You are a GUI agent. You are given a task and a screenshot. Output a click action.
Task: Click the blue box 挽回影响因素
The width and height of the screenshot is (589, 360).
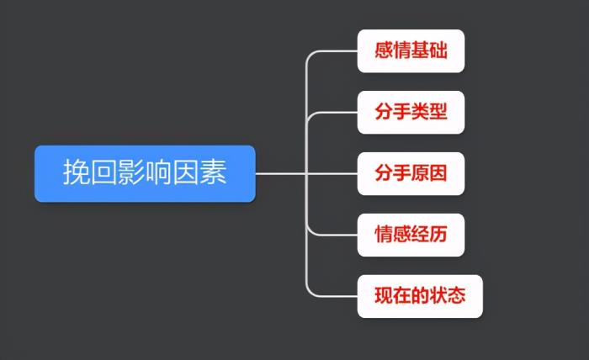tap(145, 173)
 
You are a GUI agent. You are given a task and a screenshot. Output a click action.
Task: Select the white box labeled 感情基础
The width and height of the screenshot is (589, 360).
tap(411, 50)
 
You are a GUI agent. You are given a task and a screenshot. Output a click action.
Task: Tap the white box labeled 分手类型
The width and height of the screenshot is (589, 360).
tap(411, 112)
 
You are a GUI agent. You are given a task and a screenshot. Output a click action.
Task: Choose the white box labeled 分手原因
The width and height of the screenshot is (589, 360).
tap(411, 173)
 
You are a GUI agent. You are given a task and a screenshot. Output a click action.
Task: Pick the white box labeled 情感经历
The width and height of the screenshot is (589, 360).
tap(411, 235)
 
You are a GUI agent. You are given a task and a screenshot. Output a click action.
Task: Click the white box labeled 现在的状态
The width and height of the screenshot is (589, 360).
tap(420, 296)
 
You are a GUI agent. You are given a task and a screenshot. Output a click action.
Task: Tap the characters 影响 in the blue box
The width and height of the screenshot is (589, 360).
tap(145, 173)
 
